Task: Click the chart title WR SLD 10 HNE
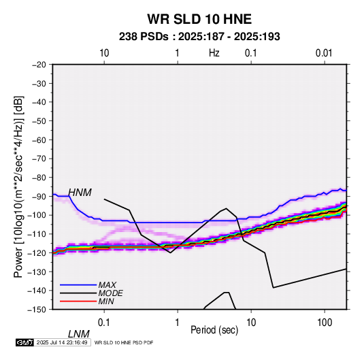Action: (199, 19)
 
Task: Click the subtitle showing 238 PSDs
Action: (199, 37)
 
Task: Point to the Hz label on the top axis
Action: (214, 53)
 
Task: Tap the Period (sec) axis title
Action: (214, 329)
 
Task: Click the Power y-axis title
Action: (18, 187)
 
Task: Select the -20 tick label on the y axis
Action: (39, 65)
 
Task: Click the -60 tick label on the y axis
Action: (39, 140)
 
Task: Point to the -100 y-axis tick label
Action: (37, 215)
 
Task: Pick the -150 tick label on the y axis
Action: (37, 310)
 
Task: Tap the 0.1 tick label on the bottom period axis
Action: (104, 323)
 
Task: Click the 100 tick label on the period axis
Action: (325, 323)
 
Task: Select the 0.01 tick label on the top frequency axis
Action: (324, 53)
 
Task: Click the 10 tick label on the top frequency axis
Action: (104, 53)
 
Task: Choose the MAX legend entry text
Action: (107, 285)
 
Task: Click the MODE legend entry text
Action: (110, 293)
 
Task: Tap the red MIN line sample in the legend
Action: (78, 301)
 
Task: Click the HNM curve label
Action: (80, 193)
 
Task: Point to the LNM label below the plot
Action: (78, 334)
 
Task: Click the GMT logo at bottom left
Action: (24, 342)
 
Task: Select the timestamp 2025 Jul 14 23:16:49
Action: (62, 342)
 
